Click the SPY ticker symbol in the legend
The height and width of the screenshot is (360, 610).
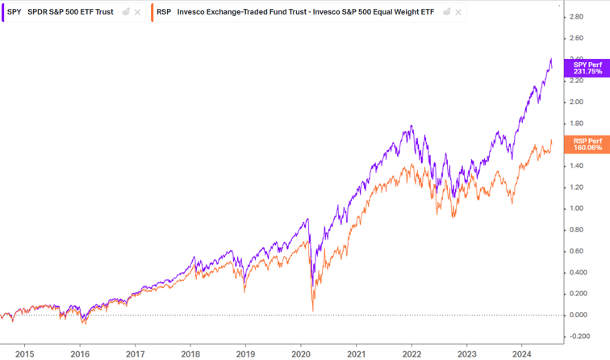pyautogui.click(x=14, y=12)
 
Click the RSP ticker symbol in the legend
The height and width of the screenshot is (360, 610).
pyautogui.click(x=165, y=12)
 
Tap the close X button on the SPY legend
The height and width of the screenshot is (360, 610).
pyautogui.click(x=137, y=12)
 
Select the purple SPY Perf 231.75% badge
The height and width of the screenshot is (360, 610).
pyautogui.click(x=587, y=67)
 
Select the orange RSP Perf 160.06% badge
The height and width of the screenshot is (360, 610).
pyautogui.click(x=587, y=144)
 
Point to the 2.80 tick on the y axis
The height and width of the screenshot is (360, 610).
pyautogui.click(x=576, y=17)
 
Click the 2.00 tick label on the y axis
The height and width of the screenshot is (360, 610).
pyautogui.click(x=576, y=102)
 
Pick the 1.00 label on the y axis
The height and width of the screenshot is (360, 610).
pyautogui.click(x=576, y=208)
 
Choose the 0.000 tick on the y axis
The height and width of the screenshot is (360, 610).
pyautogui.click(x=578, y=315)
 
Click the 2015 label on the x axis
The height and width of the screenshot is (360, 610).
pyautogui.click(x=24, y=353)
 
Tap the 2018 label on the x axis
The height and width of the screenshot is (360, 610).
pyautogui.click(x=190, y=353)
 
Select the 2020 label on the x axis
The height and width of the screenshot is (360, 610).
pyautogui.click(x=301, y=353)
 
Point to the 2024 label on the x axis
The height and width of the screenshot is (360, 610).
pyautogui.click(x=522, y=353)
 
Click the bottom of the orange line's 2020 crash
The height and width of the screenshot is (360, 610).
pyautogui.click(x=313, y=308)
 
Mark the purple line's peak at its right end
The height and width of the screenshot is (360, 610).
pyautogui.click(x=550, y=59)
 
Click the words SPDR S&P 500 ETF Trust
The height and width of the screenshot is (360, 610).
pyautogui.click(x=70, y=12)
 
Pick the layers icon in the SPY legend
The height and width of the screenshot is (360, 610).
pyautogui.click(x=125, y=12)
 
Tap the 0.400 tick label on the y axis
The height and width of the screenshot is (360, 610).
pyautogui.click(x=578, y=272)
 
